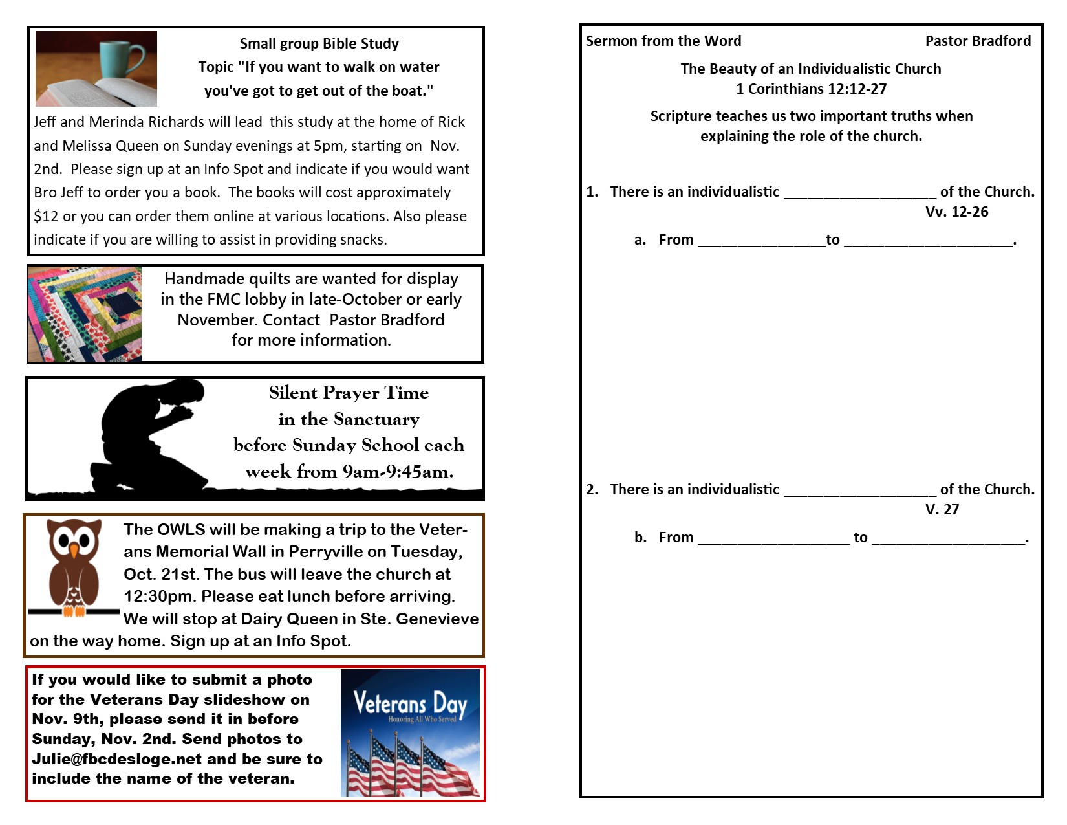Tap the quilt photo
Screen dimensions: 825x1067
(x=85, y=314)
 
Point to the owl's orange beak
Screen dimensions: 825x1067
(x=74, y=551)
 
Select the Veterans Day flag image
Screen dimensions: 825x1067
(x=410, y=733)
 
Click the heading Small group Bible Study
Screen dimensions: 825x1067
(x=319, y=44)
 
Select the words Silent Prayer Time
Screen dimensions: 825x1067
(x=349, y=393)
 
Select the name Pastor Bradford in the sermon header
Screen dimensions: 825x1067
(x=978, y=41)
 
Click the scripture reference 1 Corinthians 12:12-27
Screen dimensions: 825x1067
(x=811, y=89)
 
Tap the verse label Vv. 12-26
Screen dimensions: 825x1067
(x=956, y=212)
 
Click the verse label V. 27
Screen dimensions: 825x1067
(x=942, y=510)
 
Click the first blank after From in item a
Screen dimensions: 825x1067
(x=761, y=241)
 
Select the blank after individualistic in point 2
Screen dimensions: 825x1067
(x=859, y=490)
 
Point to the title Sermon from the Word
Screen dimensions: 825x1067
(x=663, y=41)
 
